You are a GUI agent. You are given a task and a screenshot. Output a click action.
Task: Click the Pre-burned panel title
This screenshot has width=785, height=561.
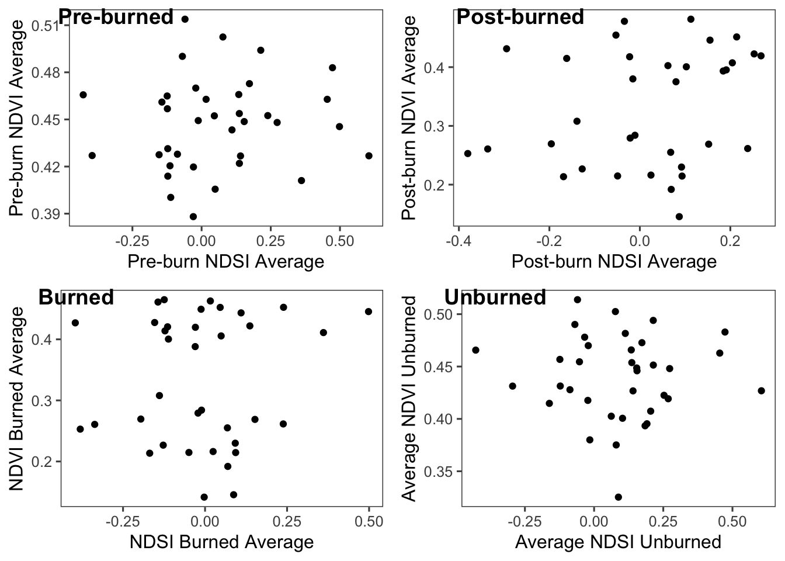(116, 17)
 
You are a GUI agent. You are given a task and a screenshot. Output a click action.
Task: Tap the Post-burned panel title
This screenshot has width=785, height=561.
(520, 17)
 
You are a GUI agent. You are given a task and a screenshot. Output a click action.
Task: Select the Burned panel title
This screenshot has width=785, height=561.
(76, 297)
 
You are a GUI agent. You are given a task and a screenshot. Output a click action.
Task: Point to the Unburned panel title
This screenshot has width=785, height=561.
(495, 297)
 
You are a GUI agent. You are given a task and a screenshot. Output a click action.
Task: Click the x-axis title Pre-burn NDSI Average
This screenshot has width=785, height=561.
(225, 261)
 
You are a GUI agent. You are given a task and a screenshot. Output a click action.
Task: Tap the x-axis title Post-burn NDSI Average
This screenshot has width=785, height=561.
(614, 261)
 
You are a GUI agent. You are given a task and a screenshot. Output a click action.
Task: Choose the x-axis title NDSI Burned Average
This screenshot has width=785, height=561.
(221, 542)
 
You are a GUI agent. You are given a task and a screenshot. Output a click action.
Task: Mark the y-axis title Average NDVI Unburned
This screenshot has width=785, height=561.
(411, 399)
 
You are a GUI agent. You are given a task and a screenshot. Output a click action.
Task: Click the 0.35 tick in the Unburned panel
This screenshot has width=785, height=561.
(439, 472)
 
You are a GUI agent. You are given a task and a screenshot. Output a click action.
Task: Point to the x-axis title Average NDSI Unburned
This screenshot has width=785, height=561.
(618, 542)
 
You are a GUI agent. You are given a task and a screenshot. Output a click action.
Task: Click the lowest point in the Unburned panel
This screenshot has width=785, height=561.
(618, 497)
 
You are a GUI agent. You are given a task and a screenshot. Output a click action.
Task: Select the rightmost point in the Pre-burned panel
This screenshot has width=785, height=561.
(369, 155)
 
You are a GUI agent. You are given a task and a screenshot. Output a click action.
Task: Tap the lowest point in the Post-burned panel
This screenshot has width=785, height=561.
(679, 216)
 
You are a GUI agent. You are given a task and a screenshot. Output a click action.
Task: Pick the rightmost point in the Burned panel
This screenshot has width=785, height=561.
(369, 311)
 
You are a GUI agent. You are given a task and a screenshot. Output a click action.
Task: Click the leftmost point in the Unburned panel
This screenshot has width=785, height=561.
(475, 350)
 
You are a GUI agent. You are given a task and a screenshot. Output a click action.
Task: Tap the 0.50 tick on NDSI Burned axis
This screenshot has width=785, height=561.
(369, 522)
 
